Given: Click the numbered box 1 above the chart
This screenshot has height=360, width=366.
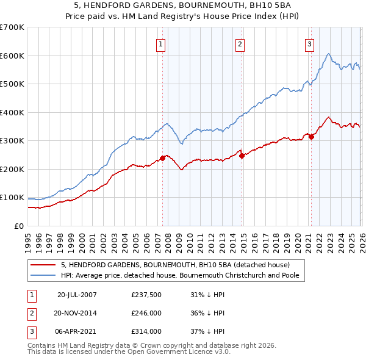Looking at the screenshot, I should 160,44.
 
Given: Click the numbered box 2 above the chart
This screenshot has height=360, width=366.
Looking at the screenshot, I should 240,44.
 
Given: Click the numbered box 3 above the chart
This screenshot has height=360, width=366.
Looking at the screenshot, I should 309,44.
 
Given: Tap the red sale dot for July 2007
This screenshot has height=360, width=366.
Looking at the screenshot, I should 162,158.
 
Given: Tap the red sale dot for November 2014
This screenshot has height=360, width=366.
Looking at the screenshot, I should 242,156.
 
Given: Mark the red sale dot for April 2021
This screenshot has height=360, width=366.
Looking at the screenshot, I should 311,137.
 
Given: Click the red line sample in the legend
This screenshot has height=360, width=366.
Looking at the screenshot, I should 43,265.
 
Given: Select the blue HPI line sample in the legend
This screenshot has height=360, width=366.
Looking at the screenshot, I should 43,275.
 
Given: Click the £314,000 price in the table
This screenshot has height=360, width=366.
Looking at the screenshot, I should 146,331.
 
